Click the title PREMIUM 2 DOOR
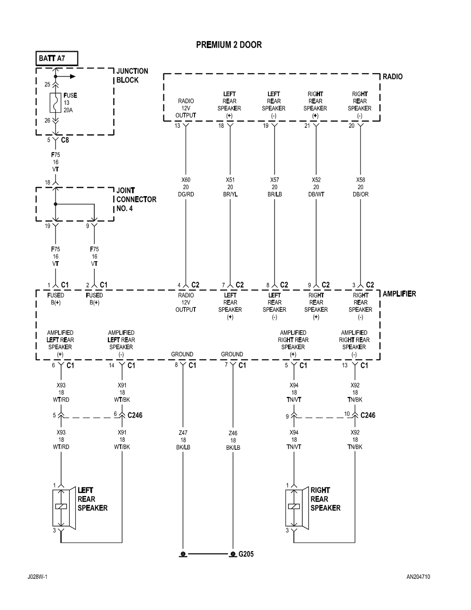pyautogui.click(x=228, y=45)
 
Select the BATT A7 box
pyautogui.click(x=57, y=58)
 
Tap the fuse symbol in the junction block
pyautogui.click(x=55, y=103)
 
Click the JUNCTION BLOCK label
pyautogui.click(x=132, y=75)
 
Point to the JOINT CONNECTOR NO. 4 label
pyautogui.click(x=136, y=199)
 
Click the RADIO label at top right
pyautogui.click(x=393, y=76)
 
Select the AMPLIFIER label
pyautogui.click(x=399, y=294)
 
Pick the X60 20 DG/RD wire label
pyautogui.click(x=186, y=187)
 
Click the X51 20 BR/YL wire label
pyautogui.click(x=230, y=187)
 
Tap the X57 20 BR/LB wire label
pyautogui.click(x=274, y=187)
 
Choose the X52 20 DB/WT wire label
pyautogui.click(x=316, y=187)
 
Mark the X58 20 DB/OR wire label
pyautogui.click(x=360, y=187)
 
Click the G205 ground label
pyautogui.click(x=246, y=554)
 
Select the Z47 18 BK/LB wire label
pyautogui.click(x=182, y=440)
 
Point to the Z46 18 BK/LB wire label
pyautogui.click(x=233, y=440)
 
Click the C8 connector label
pyautogui.click(x=65, y=140)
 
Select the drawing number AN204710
pyautogui.click(x=418, y=577)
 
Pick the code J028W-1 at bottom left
pyautogui.click(x=37, y=577)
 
